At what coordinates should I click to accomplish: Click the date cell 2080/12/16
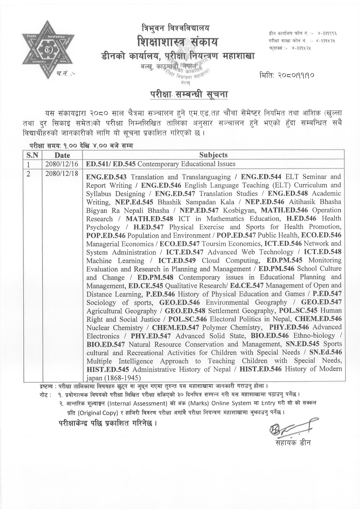tap(62, 164)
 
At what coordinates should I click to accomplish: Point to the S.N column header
tap(33, 155)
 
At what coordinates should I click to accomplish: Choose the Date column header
tap(62, 155)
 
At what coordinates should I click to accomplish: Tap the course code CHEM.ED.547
tap(175, 328)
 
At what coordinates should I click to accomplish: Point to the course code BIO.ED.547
tap(106, 344)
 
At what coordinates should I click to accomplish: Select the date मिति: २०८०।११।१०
tap(287, 76)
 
